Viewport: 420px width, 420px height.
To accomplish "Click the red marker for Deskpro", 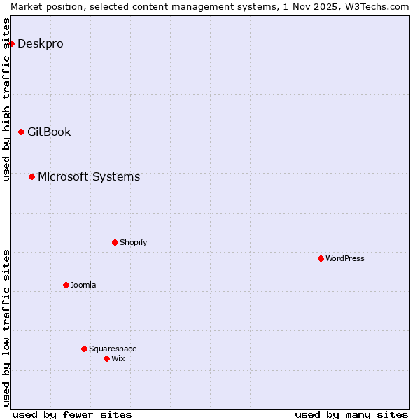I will pos(11,43).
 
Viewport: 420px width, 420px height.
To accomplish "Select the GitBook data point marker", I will pos(21,132).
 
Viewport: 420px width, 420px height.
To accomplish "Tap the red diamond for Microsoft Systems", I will pos(31,176).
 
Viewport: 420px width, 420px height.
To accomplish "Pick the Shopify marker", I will pos(115,242).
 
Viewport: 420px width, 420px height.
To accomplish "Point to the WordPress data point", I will pos(321,258).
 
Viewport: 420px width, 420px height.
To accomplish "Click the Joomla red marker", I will pos(66,285).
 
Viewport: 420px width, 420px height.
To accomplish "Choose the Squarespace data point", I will pos(84,349).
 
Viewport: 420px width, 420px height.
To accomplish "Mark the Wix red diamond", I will pos(106,358).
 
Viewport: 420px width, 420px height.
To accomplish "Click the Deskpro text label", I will pos(41,43).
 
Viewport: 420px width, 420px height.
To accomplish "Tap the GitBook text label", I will pos(49,132).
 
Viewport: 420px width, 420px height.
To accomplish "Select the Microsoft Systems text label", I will pos(89,176).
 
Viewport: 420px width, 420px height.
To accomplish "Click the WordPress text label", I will pos(345,258).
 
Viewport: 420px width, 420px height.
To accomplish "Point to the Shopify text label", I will pos(133,242).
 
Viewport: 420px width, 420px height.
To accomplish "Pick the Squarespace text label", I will pos(113,349).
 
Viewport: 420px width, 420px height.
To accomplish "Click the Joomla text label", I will pos(83,285).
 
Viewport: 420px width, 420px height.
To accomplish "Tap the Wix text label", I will pos(118,358).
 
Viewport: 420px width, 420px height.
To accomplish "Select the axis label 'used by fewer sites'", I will pos(72,414).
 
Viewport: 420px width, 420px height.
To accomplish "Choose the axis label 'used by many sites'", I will pos(351,414).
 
